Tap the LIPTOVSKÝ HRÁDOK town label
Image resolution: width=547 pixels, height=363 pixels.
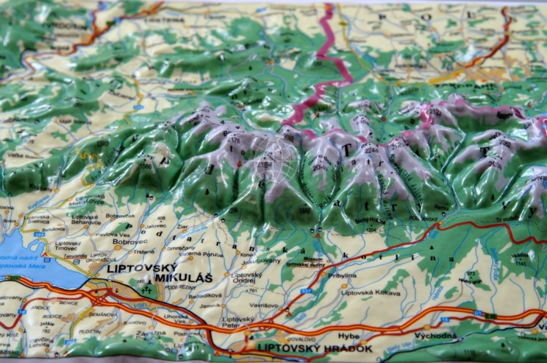(313, 348)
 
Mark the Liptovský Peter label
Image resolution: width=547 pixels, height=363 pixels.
(238, 322)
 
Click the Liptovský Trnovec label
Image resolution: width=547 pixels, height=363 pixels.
(68, 246)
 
